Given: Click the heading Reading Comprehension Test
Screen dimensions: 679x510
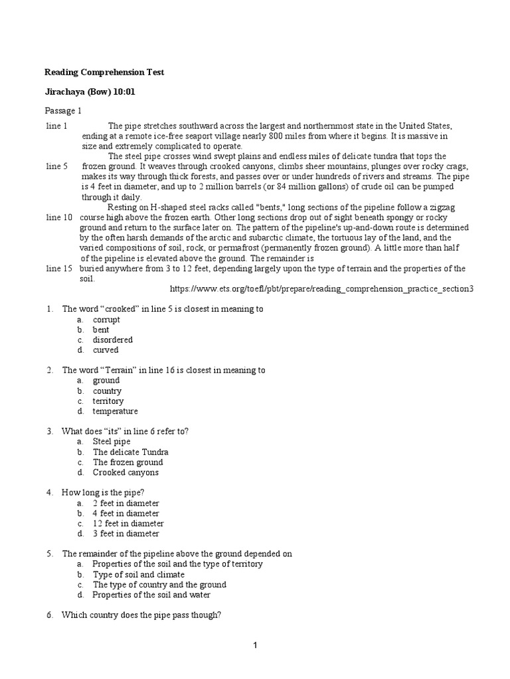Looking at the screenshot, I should point(104,72).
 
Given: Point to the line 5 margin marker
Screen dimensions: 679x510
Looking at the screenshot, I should point(57,166).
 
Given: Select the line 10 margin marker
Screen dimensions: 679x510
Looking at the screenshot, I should point(59,217).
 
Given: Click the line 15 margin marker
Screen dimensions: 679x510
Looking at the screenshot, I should point(59,269).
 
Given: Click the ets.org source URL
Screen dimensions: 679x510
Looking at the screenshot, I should point(322,290).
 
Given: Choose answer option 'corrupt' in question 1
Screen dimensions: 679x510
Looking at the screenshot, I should point(106,320).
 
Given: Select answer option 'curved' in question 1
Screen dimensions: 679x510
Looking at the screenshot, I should point(106,350).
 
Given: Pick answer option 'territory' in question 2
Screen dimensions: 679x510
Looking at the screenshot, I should point(108,401).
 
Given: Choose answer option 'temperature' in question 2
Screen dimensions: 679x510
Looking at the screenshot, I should point(115,411).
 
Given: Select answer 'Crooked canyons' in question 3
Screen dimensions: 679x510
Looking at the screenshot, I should point(126,473).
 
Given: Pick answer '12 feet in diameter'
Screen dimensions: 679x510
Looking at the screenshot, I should point(127,523).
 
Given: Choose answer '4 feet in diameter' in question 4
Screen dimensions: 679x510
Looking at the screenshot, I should point(126,513).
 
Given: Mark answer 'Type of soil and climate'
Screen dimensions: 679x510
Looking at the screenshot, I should point(138,574).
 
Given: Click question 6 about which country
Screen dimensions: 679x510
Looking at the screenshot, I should point(141,615).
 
